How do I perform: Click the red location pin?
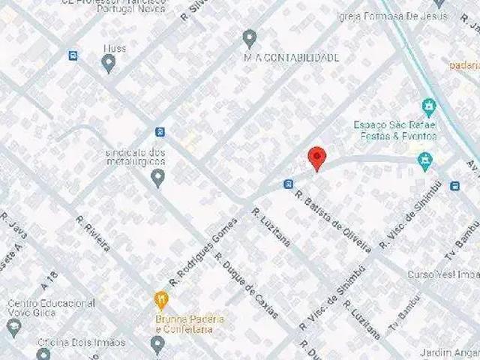click(317, 157)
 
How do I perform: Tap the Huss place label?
click(115, 49)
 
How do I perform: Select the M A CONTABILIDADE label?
click(292, 58)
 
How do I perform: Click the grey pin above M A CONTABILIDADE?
click(250, 38)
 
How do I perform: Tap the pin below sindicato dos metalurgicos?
click(157, 178)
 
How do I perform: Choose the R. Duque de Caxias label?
click(247, 285)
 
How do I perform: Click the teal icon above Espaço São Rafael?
click(428, 106)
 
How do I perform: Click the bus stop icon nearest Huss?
click(73, 55)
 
